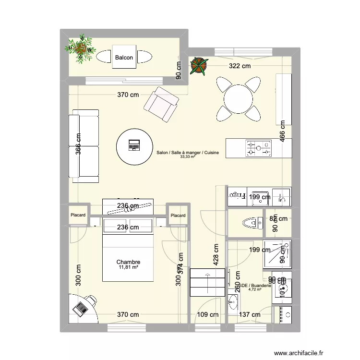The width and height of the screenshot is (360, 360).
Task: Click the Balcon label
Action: (x=124, y=58)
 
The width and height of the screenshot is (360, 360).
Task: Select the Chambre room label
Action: (x=128, y=262)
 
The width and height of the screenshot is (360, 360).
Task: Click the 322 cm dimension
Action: (x=240, y=66)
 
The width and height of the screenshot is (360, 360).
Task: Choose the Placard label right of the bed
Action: (x=178, y=216)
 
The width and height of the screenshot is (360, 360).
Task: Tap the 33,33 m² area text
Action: (x=187, y=156)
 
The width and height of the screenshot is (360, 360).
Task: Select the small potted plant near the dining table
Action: (x=198, y=65)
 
